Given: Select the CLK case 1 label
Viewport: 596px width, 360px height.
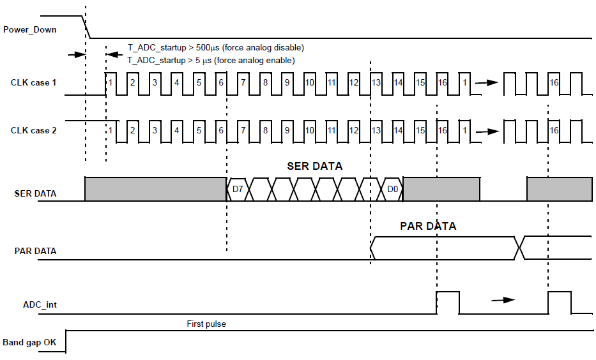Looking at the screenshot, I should click(x=33, y=83).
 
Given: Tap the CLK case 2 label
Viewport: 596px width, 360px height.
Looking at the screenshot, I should click(x=33, y=130).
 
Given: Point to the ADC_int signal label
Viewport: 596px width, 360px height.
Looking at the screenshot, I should click(x=40, y=304).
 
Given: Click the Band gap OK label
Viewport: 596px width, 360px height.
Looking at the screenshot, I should click(x=29, y=343).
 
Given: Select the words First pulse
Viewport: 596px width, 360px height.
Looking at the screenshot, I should click(x=206, y=324).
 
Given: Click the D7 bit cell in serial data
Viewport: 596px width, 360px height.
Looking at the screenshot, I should click(x=237, y=190).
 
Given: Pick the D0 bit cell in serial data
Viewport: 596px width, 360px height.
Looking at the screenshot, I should click(x=393, y=190).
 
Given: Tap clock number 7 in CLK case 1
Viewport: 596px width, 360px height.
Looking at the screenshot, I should click(x=243, y=83).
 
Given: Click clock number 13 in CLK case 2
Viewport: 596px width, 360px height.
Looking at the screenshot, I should click(x=376, y=130).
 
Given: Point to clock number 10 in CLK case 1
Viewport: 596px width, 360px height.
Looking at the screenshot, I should click(x=309, y=83).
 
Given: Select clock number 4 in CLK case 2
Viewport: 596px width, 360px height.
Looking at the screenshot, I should click(x=176, y=130).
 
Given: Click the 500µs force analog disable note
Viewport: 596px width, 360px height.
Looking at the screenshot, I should click(x=215, y=48).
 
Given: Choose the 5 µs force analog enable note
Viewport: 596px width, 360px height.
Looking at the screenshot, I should click(x=211, y=61).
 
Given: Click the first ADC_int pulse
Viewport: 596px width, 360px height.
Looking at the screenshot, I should click(x=447, y=303).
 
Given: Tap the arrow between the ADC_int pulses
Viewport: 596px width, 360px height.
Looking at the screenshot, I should click(x=503, y=299).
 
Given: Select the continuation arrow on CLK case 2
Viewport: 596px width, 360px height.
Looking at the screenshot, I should click(x=488, y=130).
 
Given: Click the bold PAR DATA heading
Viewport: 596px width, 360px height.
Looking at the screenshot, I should click(x=428, y=226).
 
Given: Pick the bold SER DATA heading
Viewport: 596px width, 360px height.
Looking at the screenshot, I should click(x=314, y=166).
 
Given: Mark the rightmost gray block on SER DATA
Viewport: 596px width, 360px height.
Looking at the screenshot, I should click(x=559, y=189).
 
